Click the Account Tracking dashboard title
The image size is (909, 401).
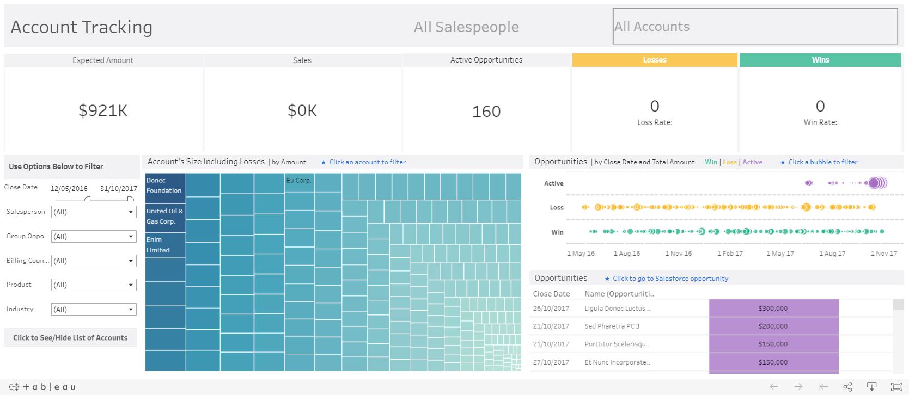82,27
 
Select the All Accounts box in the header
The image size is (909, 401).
755,26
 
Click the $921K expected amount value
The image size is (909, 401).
103,110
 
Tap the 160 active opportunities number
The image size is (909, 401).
486,112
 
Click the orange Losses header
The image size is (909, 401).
655,60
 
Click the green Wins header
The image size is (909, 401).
820,60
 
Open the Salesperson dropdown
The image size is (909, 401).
94,212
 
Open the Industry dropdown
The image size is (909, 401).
94,310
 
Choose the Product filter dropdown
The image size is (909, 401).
94,285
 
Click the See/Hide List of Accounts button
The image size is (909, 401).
70,338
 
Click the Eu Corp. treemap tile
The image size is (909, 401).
300,185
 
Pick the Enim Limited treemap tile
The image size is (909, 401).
165,245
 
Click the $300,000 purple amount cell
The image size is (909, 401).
773,309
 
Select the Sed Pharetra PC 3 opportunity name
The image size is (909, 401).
612,326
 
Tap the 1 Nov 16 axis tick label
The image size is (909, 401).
678,254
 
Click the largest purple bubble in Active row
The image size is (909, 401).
875,183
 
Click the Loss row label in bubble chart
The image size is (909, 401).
557,208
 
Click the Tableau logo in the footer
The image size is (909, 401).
42,387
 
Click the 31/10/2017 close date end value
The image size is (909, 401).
118,189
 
